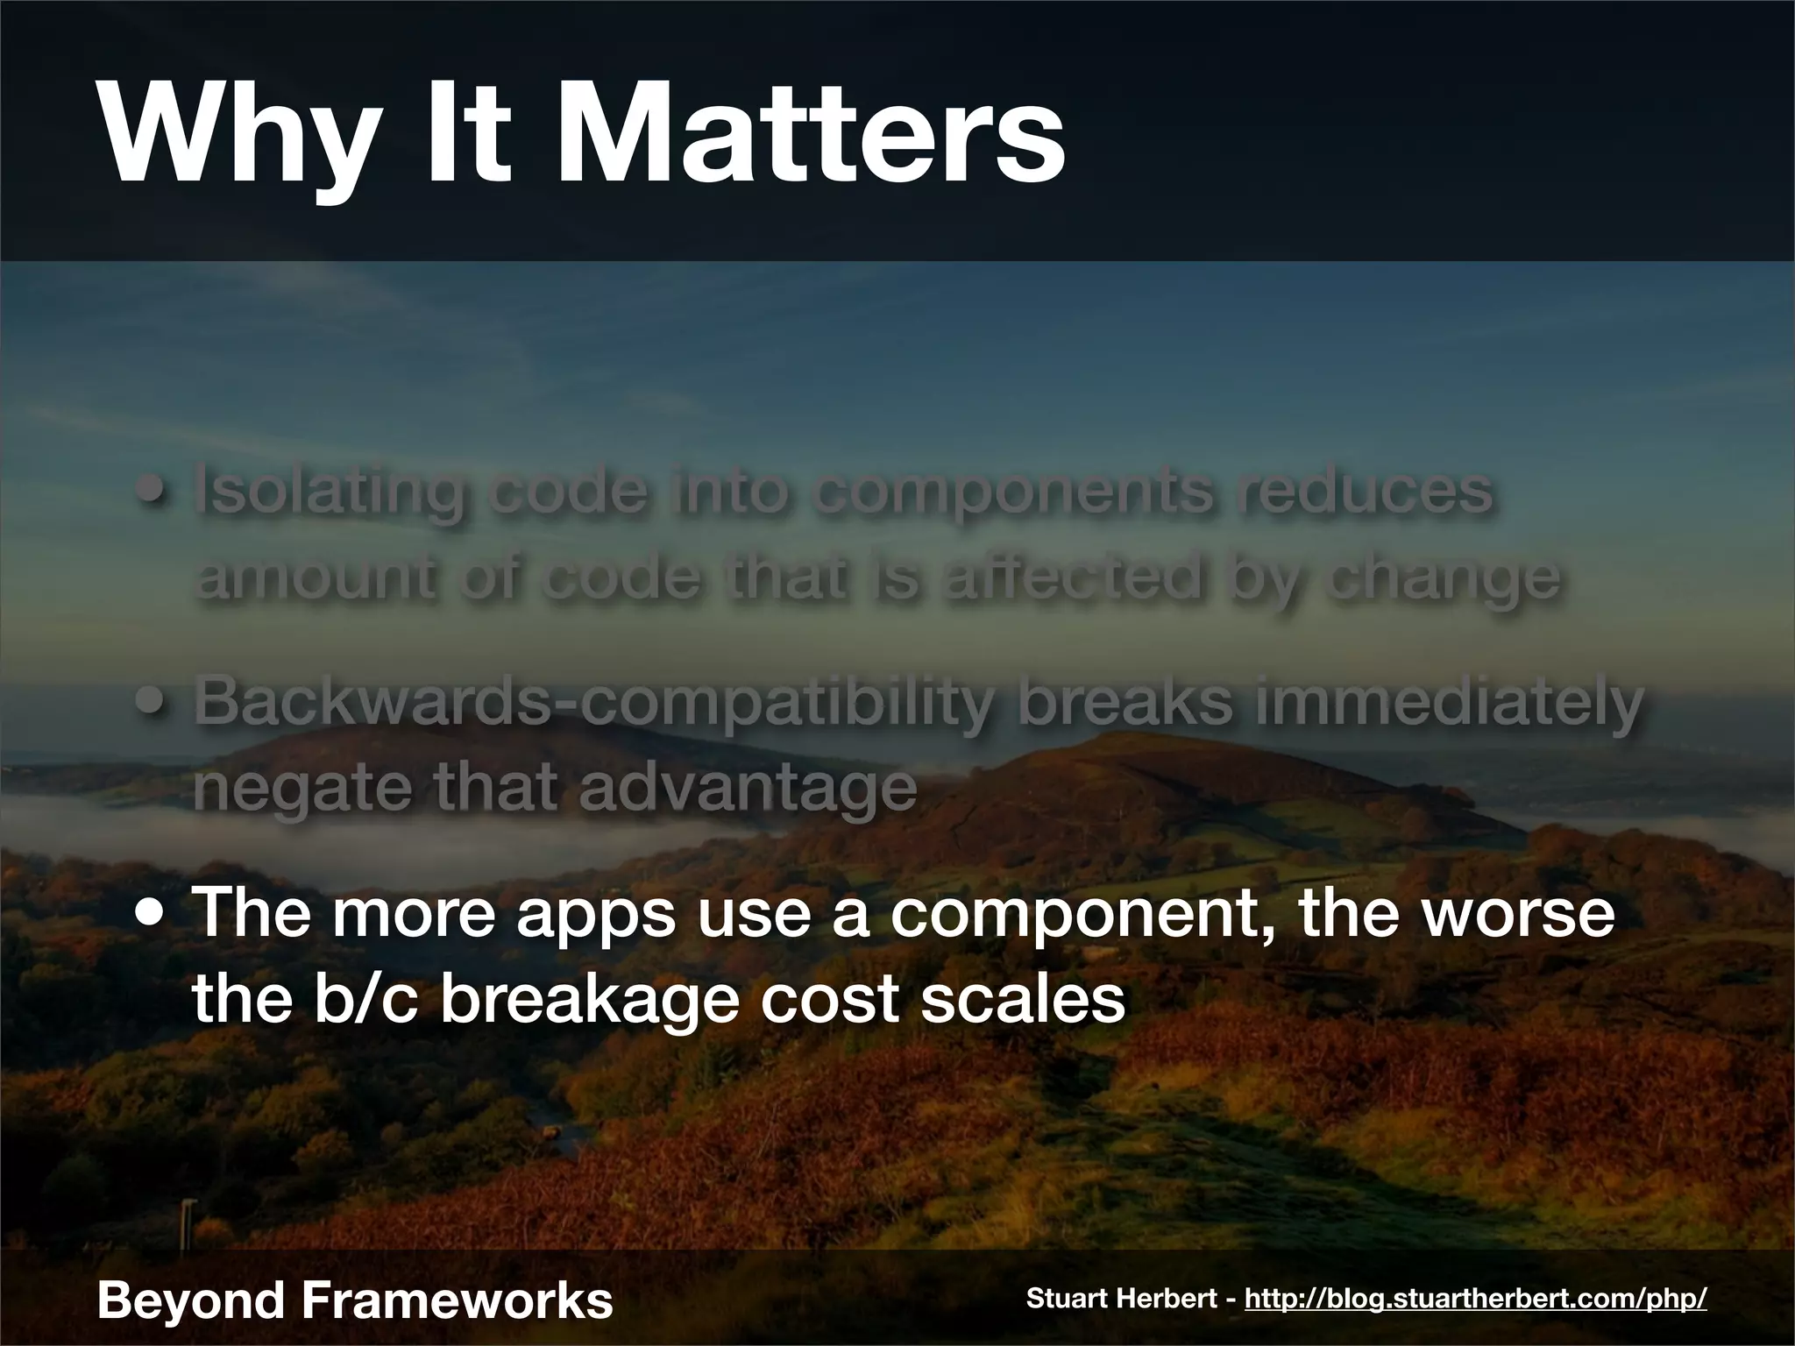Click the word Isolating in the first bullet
pos(329,492)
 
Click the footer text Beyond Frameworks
pos(355,1300)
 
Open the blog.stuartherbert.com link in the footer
pos(1475,1299)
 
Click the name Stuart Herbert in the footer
pos(1125,1299)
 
